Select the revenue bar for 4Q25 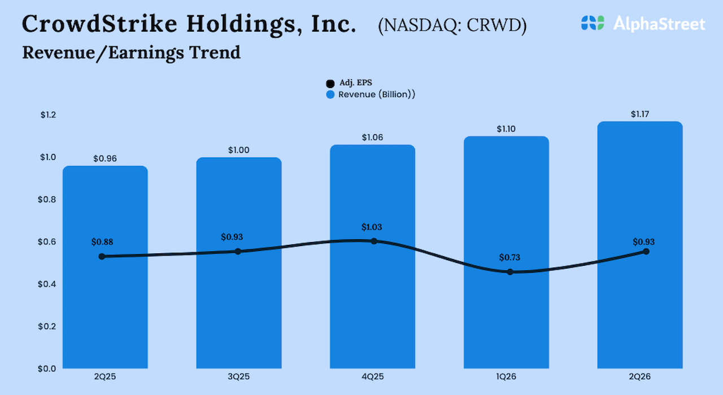pyautogui.click(x=372, y=305)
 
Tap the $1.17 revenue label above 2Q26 pyautogui.click(x=640, y=115)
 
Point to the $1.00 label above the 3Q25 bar pyautogui.click(x=238, y=150)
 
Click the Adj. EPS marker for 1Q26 pyautogui.click(x=510, y=272)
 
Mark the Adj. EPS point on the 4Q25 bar pyautogui.click(x=373, y=241)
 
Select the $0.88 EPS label pyautogui.click(x=102, y=242)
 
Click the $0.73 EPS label pyautogui.click(x=510, y=258)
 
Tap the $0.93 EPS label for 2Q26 pyautogui.click(x=643, y=242)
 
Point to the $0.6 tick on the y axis pyautogui.click(x=48, y=242)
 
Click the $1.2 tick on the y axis pyautogui.click(x=48, y=115)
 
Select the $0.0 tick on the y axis pyautogui.click(x=48, y=368)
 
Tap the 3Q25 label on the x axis pyautogui.click(x=239, y=377)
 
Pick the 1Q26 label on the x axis pyautogui.click(x=506, y=377)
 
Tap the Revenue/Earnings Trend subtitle pyautogui.click(x=131, y=52)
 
